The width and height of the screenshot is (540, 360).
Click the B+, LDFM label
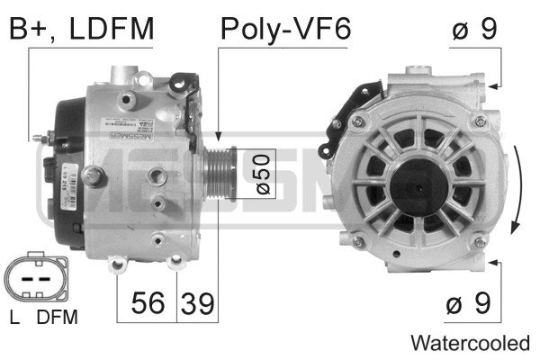pyautogui.click(x=81, y=29)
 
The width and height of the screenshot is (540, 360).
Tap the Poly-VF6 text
pyautogui.click(x=285, y=29)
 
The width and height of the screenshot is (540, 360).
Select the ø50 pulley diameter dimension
pyautogui.click(x=263, y=174)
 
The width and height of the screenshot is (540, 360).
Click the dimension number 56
pyautogui.click(x=148, y=302)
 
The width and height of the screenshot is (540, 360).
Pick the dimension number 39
pyautogui.click(x=197, y=303)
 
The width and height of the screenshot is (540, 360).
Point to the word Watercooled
pyautogui.click(x=470, y=343)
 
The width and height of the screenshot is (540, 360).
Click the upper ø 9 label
pyautogui.click(x=475, y=29)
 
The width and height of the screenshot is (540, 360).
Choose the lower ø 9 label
pyautogui.click(x=468, y=303)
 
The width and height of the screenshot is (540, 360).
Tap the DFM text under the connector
pyautogui.click(x=58, y=317)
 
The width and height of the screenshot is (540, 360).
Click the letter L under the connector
pyautogui.click(x=14, y=317)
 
